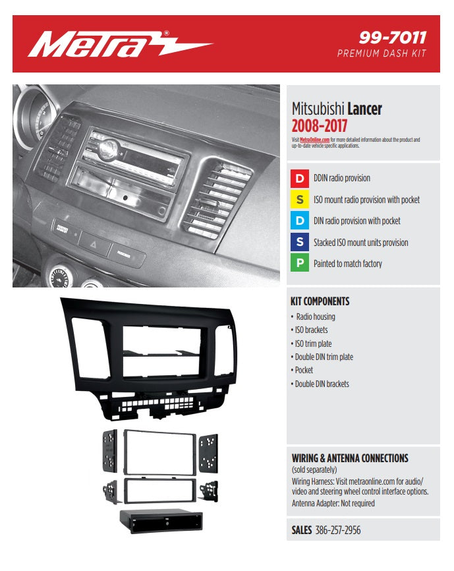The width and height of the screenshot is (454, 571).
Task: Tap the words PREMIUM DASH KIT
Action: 382,53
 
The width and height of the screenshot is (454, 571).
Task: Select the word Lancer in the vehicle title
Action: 364,109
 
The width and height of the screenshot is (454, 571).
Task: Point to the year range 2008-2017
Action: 319,125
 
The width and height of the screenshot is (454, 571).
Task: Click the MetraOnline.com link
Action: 314,140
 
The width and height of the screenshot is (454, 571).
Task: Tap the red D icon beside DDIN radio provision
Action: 300,178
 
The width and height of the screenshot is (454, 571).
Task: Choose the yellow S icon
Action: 300,200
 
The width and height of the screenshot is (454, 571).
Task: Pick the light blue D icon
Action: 300,221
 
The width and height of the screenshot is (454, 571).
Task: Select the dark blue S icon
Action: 300,243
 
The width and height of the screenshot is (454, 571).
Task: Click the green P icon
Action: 300,264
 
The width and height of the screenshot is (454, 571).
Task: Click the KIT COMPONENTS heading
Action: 320,301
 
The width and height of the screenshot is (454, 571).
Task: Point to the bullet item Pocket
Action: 304,370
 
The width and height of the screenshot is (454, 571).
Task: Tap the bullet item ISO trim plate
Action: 313,344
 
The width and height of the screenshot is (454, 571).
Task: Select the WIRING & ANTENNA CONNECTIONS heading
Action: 350,458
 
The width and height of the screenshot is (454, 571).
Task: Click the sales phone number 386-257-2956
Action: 338,530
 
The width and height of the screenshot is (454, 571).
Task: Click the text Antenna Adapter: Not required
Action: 333,504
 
